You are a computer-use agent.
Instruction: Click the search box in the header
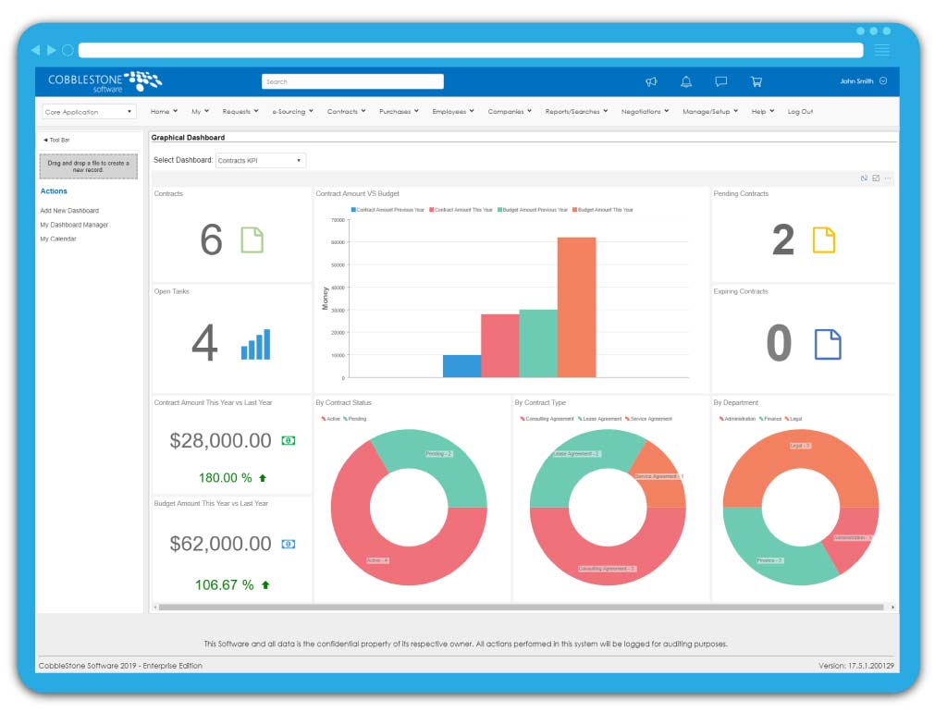pos(352,81)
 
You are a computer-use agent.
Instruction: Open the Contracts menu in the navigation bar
pos(346,111)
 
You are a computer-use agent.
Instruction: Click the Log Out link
pos(800,111)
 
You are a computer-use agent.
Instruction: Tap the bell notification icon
pos(686,81)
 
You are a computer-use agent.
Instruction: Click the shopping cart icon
pos(756,81)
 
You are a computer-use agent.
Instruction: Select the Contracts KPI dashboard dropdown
pos(260,160)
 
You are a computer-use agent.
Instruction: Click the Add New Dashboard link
pos(69,211)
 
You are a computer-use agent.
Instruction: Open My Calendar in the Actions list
pos(58,239)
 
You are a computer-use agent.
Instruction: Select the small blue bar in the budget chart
pos(461,366)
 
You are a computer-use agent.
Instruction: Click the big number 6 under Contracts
pos(211,240)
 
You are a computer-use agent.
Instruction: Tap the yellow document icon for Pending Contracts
pos(823,240)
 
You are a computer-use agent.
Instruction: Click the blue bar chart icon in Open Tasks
pos(256,344)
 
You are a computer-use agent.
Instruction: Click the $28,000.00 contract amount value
pos(220,441)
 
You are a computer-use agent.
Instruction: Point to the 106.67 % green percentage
pos(224,584)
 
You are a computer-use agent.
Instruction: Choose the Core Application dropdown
pos(89,112)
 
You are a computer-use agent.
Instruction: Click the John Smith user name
pos(856,81)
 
